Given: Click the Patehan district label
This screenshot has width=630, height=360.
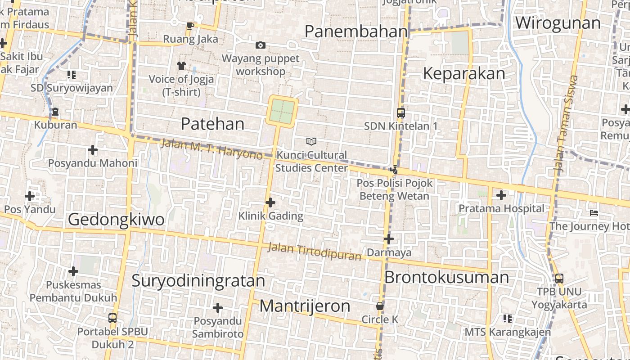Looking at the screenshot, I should pos(212,124).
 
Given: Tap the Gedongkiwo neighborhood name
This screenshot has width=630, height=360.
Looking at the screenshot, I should pos(116,220).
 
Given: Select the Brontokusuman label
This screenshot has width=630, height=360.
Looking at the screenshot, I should pos(446,277).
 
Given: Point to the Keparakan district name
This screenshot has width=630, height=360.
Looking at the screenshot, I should pos(464,74).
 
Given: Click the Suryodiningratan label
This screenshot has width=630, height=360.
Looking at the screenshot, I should pos(198,281).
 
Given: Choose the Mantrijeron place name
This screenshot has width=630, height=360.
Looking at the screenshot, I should pos(305,306).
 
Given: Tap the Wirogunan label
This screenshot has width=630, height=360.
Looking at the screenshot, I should pos(558,23).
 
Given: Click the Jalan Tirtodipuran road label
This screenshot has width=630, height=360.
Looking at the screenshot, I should pos(314,252).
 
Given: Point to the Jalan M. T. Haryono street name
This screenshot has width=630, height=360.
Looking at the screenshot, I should pos(211,149).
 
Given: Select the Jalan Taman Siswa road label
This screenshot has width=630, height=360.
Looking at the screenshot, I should pos(566,124).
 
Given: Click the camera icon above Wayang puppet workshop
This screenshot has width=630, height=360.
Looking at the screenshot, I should pos(260,45).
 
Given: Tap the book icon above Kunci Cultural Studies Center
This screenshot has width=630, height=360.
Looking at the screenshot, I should pos(311,142).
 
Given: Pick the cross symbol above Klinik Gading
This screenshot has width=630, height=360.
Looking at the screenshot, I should pos(270,202).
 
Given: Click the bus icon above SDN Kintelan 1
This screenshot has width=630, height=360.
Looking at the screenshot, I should pos(400,113).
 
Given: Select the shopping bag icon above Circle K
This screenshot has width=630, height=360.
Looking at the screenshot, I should pos(380,306).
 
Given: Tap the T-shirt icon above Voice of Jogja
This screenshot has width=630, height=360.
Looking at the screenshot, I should pos(181,66).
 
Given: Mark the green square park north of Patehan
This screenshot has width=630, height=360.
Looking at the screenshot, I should pos(282,111).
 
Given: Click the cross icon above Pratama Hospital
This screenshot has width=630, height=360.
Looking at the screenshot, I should pos(501,195).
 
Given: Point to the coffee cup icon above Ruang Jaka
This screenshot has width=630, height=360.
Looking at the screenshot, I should pos(190,26).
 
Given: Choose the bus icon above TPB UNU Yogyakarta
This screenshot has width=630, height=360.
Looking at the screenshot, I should pos(559,279).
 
